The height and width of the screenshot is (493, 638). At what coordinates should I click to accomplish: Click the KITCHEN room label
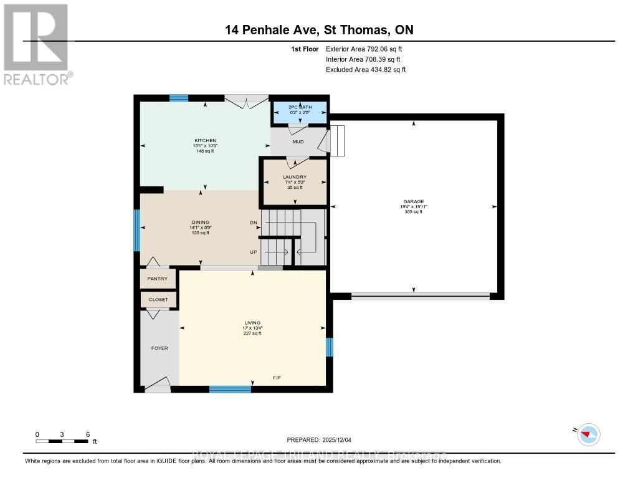pos(205,140)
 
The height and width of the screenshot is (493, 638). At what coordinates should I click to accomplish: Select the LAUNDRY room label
pos(295,177)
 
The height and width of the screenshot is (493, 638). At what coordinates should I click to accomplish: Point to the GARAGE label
pos(413,201)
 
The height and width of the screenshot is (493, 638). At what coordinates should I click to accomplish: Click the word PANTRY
pos(158,279)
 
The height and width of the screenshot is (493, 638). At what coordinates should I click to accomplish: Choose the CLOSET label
pos(158,300)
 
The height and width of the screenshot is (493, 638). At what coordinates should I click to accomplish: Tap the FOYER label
pos(159,348)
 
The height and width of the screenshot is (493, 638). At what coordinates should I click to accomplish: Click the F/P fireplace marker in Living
pos(277,378)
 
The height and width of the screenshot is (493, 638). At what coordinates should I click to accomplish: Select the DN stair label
pos(254,223)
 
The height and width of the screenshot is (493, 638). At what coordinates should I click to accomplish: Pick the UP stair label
pos(254,252)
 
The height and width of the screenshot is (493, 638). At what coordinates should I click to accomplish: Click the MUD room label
pos(298,142)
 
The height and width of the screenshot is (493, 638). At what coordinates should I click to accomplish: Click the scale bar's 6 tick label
pos(88,434)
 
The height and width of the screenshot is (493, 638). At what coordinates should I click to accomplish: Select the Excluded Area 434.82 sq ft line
pos(366,70)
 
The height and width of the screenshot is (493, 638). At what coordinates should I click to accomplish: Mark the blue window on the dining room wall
pos(137,229)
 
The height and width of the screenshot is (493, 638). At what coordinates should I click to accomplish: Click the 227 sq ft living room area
pos(252,333)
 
